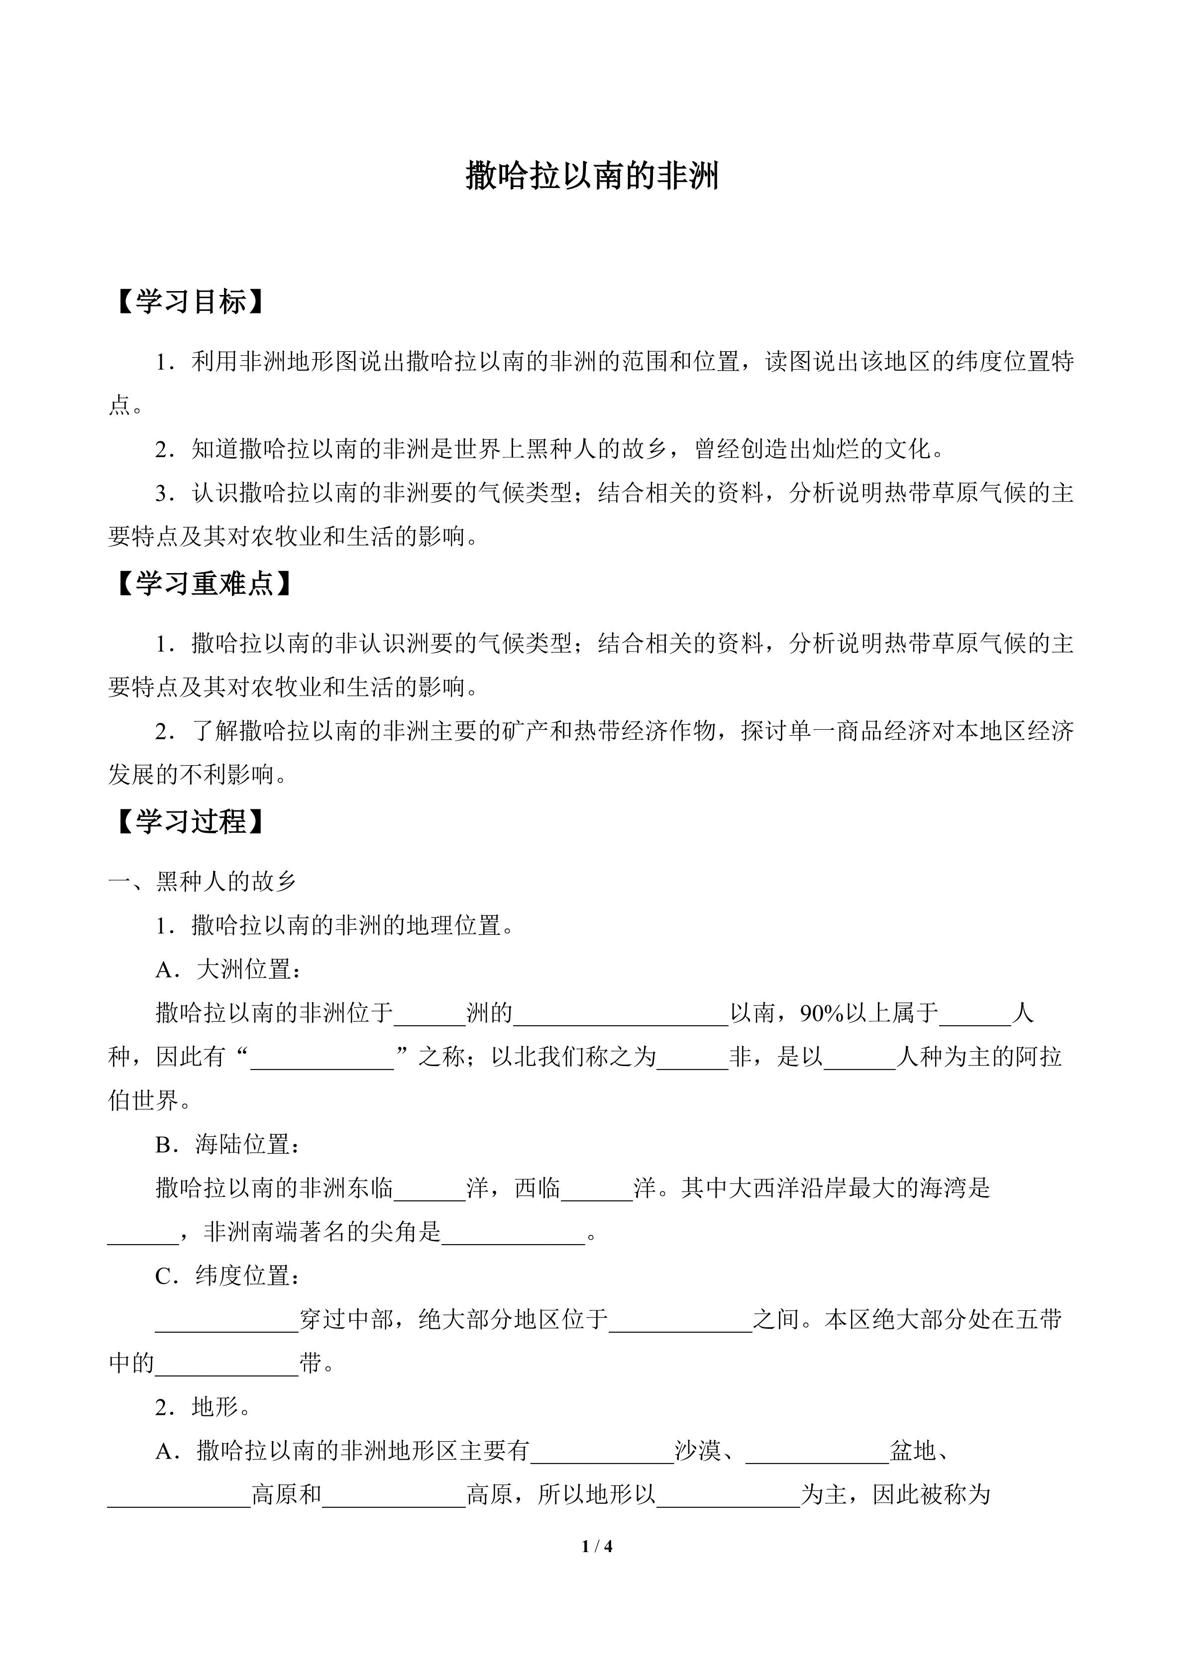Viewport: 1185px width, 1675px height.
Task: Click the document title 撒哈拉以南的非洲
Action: click(x=592, y=177)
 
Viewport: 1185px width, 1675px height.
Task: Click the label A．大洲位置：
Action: click(x=229, y=970)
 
